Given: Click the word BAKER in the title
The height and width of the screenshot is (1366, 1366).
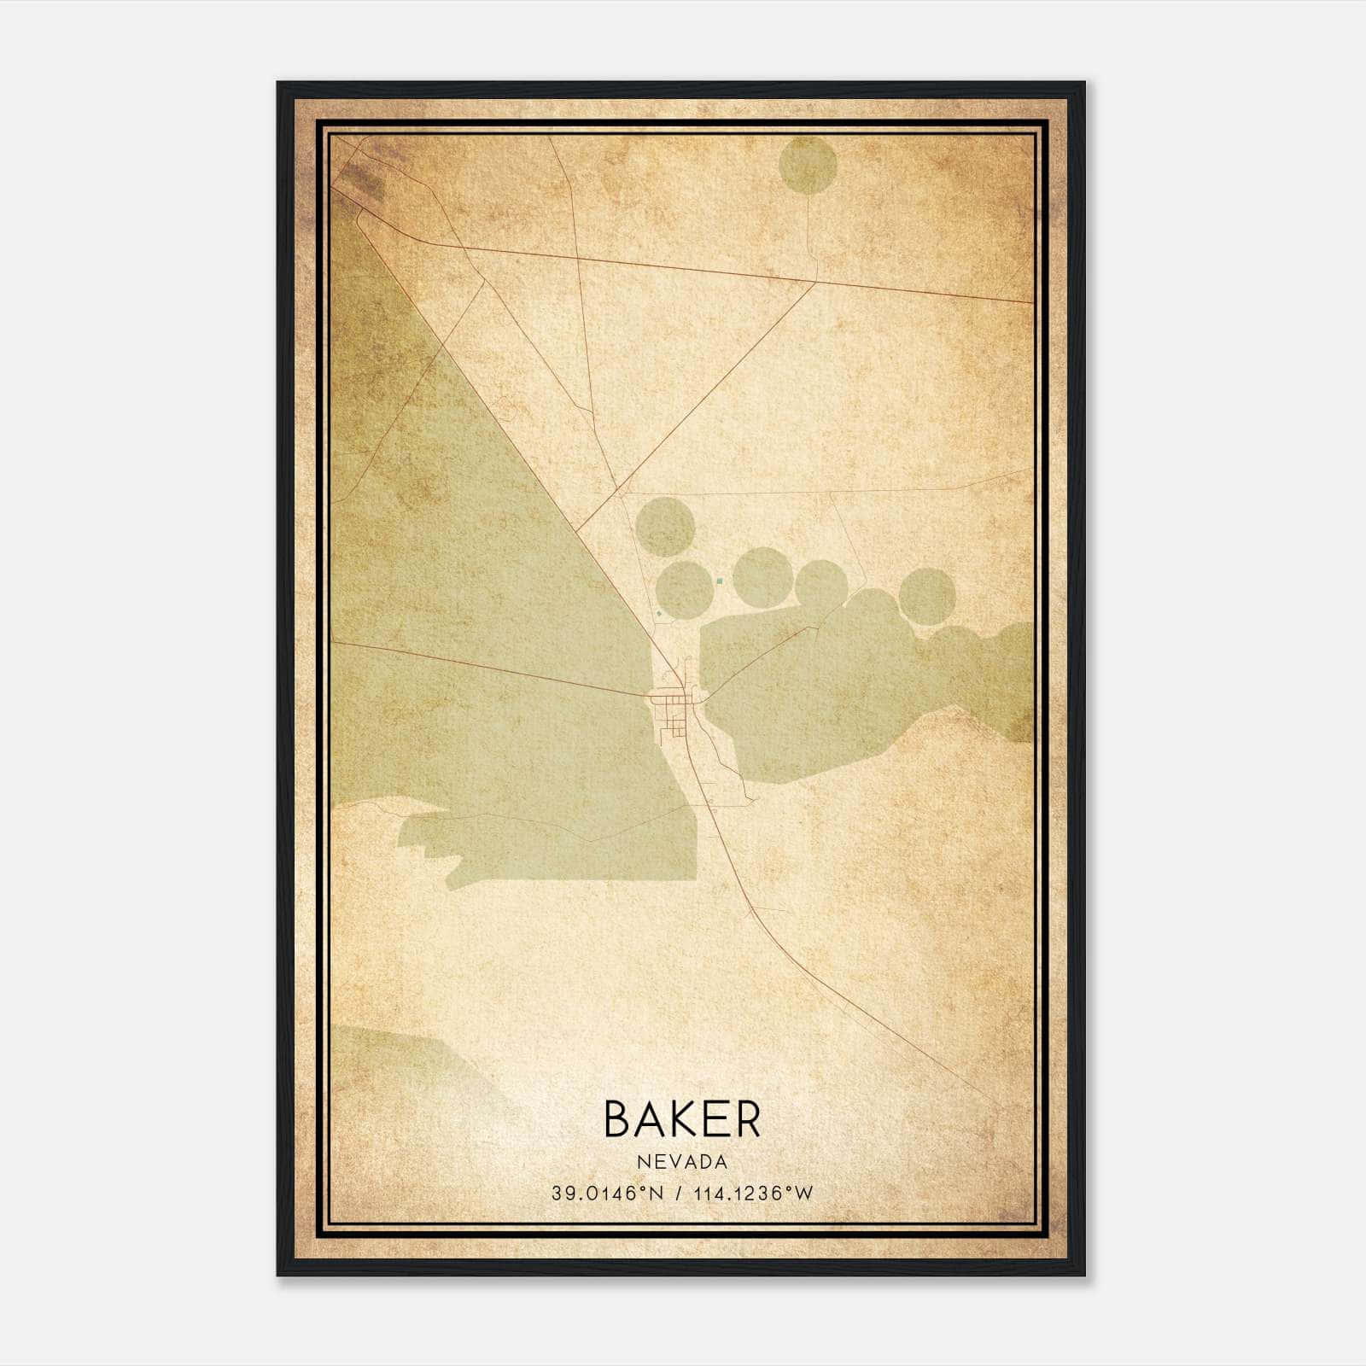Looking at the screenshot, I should pos(682,1118).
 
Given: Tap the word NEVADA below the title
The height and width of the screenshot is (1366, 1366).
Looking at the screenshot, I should pos(682,1162).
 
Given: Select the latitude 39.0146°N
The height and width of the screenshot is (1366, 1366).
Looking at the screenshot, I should pos(607,1194).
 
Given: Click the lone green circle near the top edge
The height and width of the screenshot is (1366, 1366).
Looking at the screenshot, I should pos(808,165).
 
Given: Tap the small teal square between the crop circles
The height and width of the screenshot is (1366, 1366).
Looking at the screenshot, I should pos(720,581).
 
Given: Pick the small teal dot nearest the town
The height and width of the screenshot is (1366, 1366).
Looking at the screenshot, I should pos(659,613).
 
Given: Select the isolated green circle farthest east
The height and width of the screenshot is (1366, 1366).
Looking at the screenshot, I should pos(926,595).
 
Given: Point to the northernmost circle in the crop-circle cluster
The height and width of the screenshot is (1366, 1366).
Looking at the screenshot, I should pos(666,527).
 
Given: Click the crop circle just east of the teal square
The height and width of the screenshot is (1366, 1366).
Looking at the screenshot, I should pos(762,577).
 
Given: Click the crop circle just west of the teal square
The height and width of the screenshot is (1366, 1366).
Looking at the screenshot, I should pos(684,587).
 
